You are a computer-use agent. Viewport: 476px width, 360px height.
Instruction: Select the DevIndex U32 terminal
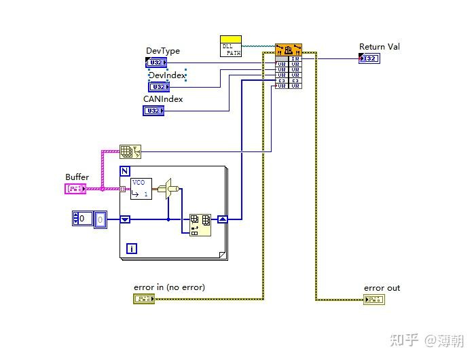[x=158, y=87]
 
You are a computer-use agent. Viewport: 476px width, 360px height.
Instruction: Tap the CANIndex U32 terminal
[x=153, y=111]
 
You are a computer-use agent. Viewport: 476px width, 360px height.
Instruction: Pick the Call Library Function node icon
[x=289, y=50]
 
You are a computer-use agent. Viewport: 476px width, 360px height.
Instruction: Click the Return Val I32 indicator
[x=369, y=58]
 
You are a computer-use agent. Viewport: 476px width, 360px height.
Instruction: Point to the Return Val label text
[x=379, y=46]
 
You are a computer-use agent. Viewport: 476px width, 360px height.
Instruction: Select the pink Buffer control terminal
[x=76, y=188]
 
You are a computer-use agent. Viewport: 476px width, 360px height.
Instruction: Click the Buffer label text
[x=77, y=177]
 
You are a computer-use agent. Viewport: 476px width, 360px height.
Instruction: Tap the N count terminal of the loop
[x=125, y=171]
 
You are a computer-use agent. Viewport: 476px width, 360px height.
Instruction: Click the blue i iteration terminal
[x=132, y=249]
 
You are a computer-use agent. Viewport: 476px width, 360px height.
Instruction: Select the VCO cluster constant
[x=141, y=188]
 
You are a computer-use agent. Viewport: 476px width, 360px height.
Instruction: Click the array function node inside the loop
[x=200, y=224]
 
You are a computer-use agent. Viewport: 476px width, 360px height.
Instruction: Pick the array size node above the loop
[x=129, y=151]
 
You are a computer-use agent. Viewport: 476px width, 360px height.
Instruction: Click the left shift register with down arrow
[x=125, y=219]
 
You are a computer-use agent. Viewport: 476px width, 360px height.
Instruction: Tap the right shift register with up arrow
[x=222, y=219]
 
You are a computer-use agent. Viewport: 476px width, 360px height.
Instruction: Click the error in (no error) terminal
[x=143, y=299]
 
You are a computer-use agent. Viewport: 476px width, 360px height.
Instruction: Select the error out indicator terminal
[x=373, y=299]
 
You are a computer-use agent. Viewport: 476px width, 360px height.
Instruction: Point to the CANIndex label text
[x=162, y=98]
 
